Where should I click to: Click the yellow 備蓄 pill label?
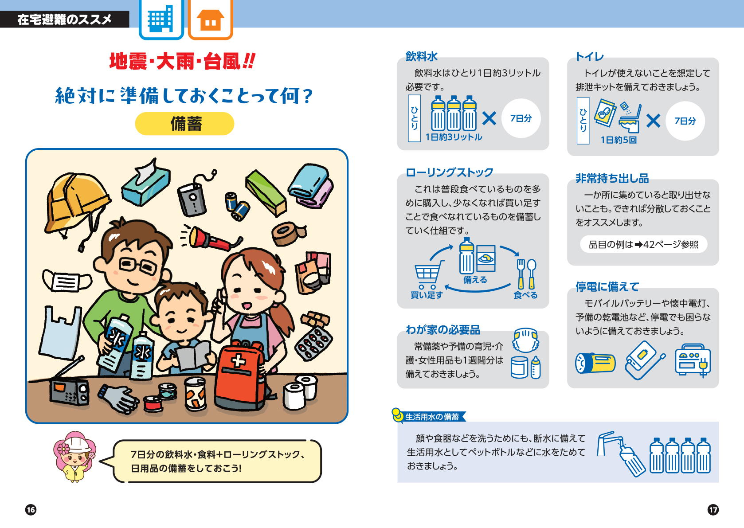tap(184, 124)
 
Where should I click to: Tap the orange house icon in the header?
tap(211, 19)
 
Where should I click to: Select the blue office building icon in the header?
tap(161, 19)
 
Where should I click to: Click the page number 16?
tap(31, 510)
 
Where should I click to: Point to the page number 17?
tap(713, 510)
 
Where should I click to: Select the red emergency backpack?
tap(240, 377)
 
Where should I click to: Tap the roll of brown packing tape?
tap(288, 234)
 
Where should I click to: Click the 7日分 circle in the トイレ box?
tap(685, 121)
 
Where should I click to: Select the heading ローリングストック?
tap(450, 172)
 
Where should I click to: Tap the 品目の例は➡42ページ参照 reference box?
tap(643, 244)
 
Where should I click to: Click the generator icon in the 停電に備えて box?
tap(693, 361)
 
